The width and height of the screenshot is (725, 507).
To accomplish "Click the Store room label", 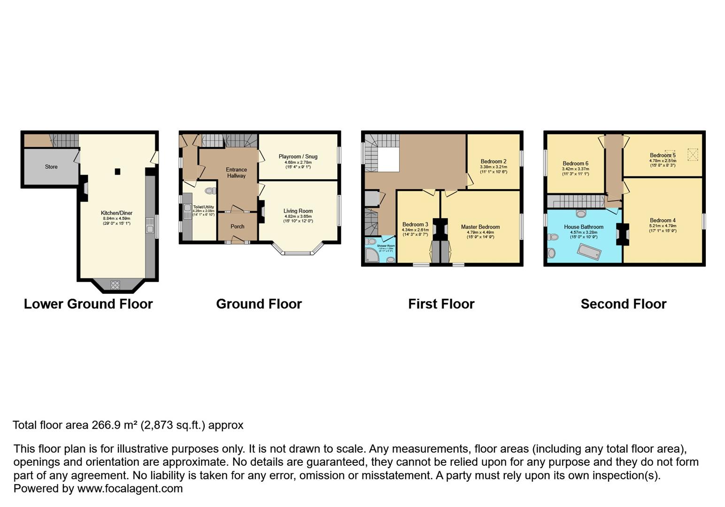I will pos(51,167).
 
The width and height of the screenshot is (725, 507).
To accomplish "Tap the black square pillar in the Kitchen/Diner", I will pos(117,172).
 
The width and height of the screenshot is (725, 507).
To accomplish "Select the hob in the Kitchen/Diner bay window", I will pos(115,284).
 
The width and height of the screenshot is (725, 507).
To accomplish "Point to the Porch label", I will pos(237,226).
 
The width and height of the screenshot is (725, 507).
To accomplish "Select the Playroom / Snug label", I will pos(298,157).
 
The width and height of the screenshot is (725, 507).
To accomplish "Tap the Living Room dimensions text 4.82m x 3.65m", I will pos(298,216).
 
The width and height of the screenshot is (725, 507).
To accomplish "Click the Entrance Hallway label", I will pos(236,173).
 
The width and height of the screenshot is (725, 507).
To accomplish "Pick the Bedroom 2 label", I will pos(493,161).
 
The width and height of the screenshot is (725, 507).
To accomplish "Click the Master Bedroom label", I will pos(480,227).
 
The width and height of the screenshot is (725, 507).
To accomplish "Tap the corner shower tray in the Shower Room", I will pos(372,255).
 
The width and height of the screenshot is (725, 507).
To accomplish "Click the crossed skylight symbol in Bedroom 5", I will pos(693,154).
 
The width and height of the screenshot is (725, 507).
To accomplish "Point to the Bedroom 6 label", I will pos(575,164).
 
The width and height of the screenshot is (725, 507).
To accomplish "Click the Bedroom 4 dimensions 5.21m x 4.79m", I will pos(663,226).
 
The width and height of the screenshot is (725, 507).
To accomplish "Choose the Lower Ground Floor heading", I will pos(88,304).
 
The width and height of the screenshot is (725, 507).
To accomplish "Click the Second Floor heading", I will pos(623,304).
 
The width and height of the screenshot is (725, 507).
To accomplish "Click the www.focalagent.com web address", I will pos(130,489).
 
